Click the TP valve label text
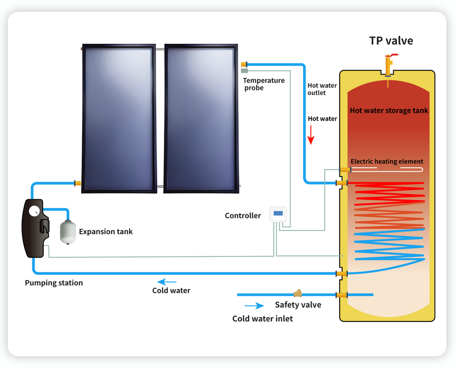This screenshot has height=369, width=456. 391,41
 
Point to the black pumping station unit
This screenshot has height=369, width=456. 35,229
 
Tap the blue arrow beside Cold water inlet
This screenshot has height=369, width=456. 254,306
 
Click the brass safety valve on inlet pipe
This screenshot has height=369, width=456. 298,294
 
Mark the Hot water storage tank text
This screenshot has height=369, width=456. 389,110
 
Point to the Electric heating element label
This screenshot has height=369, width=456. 387,161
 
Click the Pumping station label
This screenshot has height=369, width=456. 54,283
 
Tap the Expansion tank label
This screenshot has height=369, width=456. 106,232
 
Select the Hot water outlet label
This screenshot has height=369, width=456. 322,89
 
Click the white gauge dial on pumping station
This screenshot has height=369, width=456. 34,211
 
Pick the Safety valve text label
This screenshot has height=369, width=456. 298,305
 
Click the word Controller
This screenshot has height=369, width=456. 243,215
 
